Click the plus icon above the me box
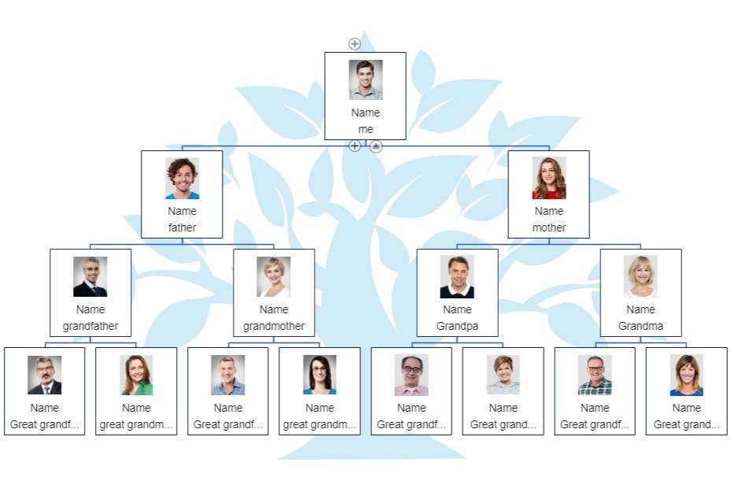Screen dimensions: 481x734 click(x=355, y=44)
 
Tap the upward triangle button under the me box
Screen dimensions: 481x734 click(x=376, y=146)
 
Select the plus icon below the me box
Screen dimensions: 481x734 click(x=355, y=146)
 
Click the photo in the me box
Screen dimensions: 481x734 click(x=366, y=80)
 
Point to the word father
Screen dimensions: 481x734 click(x=182, y=228)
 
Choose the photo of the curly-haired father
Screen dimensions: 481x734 click(x=182, y=179)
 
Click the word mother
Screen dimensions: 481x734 click(x=549, y=228)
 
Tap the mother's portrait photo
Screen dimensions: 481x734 click(x=549, y=179)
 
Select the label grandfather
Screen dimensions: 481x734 click(x=90, y=326)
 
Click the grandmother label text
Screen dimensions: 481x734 click(x=274, y=326)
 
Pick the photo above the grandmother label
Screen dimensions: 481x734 click(x=274, y=277)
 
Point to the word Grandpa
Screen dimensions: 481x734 click(x=457, y=326)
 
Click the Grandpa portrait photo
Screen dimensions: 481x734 click(x=457, y=277)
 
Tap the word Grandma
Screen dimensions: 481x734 click(x=640, y=326)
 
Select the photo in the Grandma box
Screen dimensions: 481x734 click(x=640, y=277)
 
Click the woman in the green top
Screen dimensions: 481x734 click(x=136, y=376)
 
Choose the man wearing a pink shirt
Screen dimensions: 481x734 click(x=411, y=376)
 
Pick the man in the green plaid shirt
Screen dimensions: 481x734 click(x=595, y=376)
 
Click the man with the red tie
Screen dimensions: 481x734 click(x=45, y=376)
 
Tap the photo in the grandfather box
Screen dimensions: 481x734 click(x=90, y=277)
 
